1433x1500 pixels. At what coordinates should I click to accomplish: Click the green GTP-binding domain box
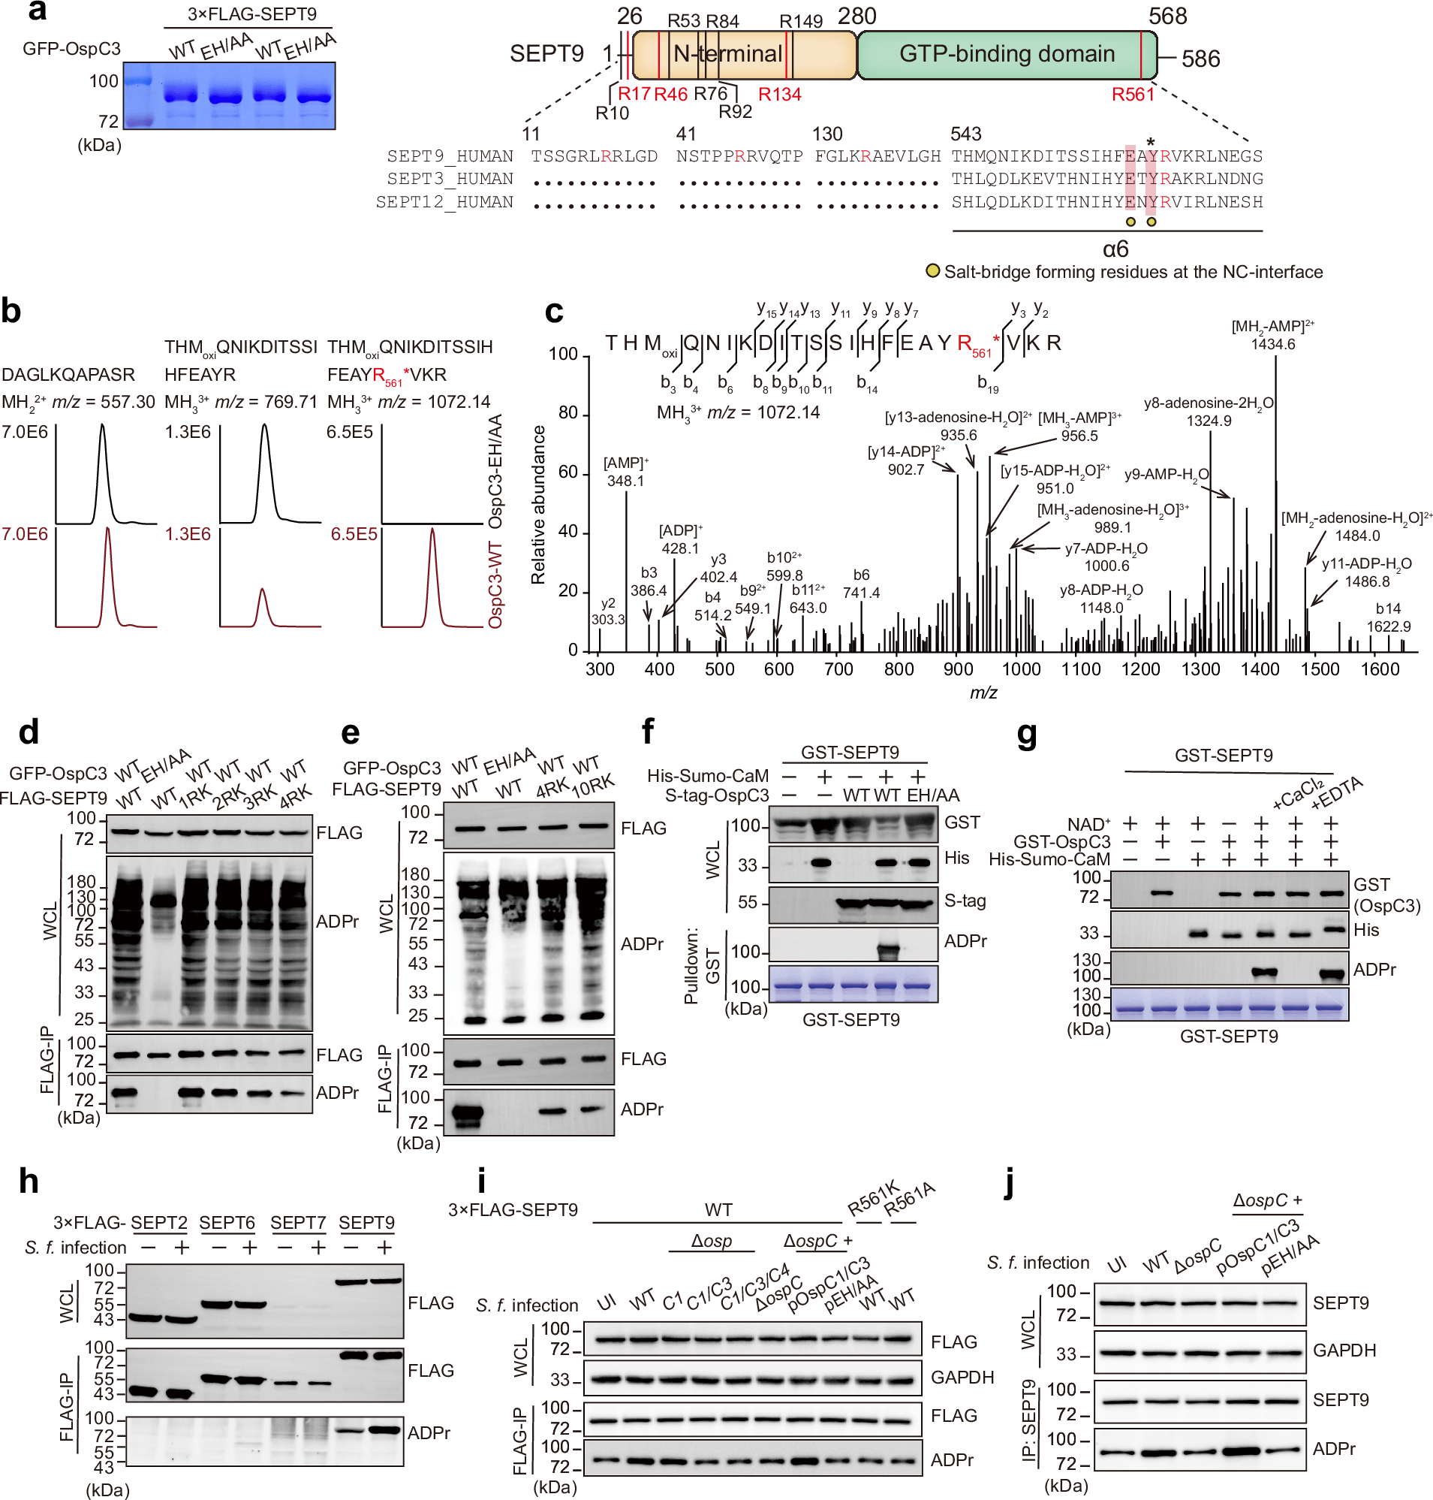1006,54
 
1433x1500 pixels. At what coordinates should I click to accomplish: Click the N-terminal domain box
727,54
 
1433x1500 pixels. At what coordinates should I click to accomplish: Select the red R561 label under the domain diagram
1132,95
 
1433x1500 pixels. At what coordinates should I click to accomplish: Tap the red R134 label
779,95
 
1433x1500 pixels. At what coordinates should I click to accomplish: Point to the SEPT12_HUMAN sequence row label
444,203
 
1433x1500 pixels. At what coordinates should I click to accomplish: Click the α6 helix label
1115,249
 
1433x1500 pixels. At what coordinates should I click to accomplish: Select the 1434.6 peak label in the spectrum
1272,345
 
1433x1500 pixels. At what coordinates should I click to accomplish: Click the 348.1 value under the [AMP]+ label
625,481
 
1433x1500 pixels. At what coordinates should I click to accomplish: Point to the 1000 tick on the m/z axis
1021,670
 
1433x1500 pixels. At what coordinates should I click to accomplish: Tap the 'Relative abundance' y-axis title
538,505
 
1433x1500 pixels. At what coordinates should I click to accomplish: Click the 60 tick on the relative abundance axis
567,473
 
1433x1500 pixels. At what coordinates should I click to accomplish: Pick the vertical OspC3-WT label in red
495,585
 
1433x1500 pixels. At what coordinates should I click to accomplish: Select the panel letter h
29,1182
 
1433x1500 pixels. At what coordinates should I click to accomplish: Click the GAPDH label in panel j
1344,1351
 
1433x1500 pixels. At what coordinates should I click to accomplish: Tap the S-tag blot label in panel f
965,901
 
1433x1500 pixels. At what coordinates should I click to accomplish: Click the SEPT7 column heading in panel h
298,1224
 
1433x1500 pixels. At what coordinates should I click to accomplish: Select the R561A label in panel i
909,1200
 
